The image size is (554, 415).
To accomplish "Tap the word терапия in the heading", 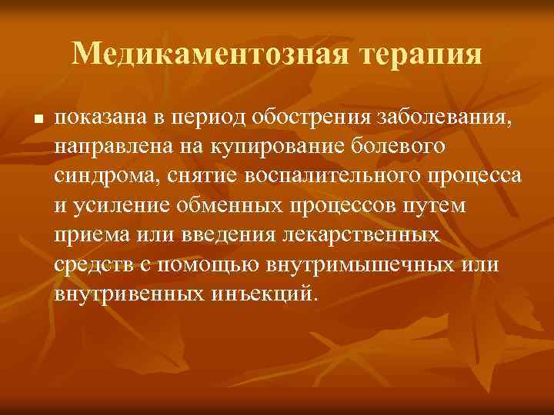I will pyautogui.click(x=410, y=55).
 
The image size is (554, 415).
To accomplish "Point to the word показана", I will pyautogui.click(x=99, y=117).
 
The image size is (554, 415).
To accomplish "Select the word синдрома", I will pyautogui.click(x=100, y=176).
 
